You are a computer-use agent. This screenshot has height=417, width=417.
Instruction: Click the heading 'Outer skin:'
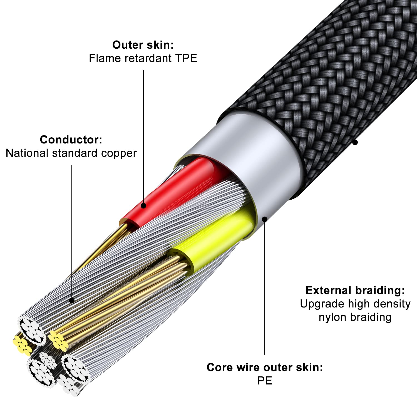pyautogui.click(x=143, y=45)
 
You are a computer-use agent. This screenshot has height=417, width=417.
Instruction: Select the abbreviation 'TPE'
pyautogui.click(x=186, y=58)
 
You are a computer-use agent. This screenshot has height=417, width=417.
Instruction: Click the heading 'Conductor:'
pyautogui.click(x=71, y=140)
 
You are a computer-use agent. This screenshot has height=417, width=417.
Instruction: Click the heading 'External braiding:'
pyautogui.click(x=355, y=290)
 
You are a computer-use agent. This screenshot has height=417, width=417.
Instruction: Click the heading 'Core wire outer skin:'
pyautogui.click(x=265, y=367)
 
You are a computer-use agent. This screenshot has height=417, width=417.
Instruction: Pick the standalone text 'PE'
pyautogui.click(x=265, y=381)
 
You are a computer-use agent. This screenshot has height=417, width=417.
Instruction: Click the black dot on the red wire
pyautogui.click(x=143, y=206)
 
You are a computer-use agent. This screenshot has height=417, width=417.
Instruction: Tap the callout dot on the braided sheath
pyautogui.click(x=355, y=142)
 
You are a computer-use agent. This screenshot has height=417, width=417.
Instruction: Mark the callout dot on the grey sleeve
pyautogui.click(x=265, y=219)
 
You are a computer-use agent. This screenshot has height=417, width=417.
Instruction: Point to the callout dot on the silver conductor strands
pyautogui.click(x=72, y=301)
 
